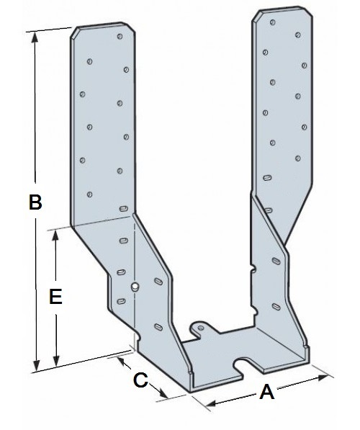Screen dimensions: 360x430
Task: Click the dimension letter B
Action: (35, 202)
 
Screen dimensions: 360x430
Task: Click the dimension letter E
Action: (55, 296)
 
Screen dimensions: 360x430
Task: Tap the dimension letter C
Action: (140, 380)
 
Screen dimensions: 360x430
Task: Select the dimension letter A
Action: (266, 392)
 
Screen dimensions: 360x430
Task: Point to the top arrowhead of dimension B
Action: (35, 37)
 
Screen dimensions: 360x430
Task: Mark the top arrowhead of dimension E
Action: (55, 236)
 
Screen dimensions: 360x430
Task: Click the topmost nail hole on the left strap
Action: (120, 36)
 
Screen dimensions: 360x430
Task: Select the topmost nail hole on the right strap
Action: (273, 22)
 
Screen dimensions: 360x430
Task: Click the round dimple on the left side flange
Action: (135, 287)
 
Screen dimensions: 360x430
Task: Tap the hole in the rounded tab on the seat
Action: (201, 328)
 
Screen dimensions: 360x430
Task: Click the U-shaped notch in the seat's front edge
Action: (241, 367)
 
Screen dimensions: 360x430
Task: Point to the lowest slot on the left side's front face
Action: (121, 301)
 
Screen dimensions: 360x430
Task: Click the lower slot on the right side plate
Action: (276, 306)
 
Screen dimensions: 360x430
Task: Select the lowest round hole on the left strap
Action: (89, 194)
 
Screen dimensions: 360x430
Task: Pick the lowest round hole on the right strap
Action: (298, 158)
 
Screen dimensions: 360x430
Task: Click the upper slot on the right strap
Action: (267, 178)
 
